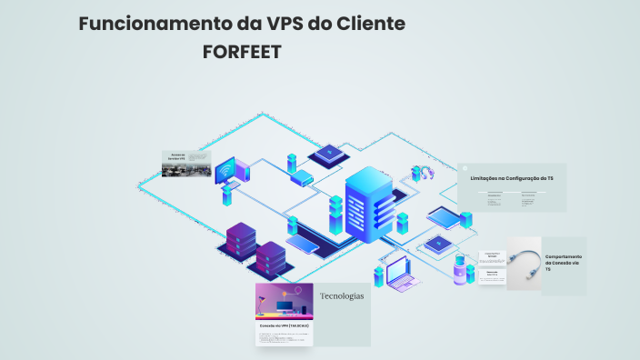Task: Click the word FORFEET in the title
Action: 241,53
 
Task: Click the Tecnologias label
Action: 341,296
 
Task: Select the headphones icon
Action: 422,173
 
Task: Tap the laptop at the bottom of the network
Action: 400,274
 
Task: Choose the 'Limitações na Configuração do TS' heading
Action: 511,179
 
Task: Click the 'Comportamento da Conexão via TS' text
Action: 564,263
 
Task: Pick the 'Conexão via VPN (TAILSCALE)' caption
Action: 285,325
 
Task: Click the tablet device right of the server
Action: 445,217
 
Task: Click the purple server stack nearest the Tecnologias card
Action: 270,258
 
